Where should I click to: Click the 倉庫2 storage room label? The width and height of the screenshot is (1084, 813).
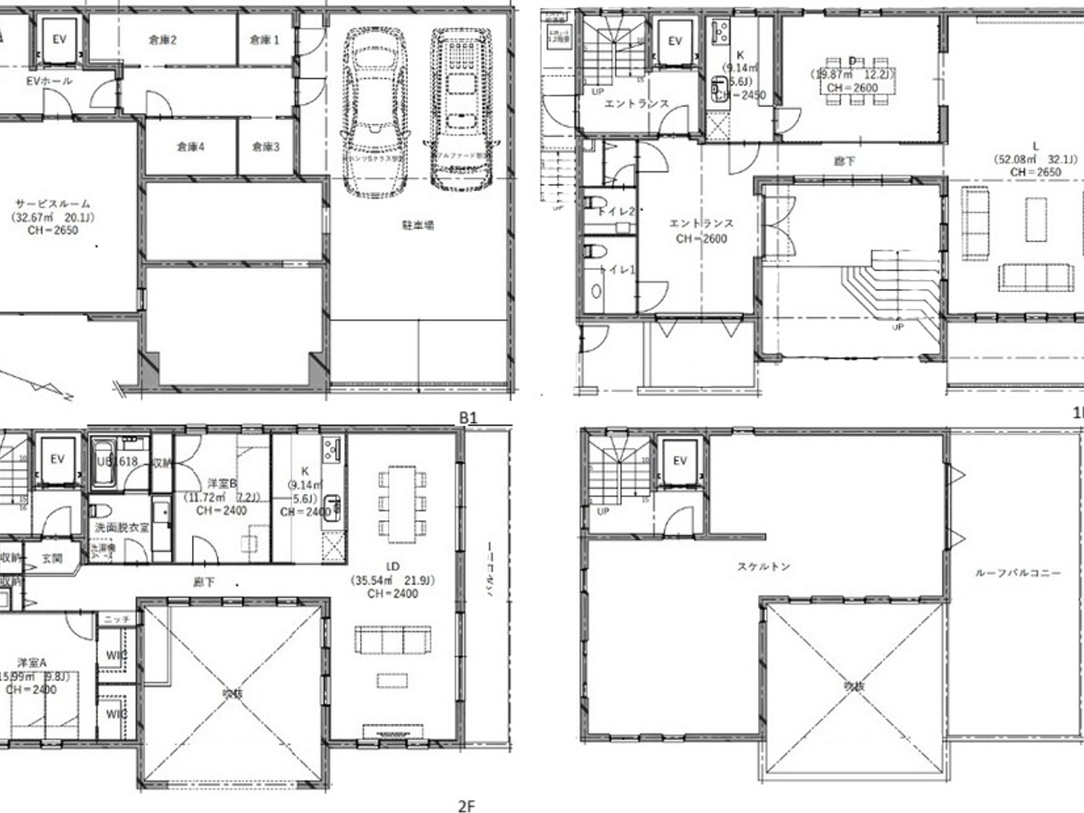pyautogui.click(x=163, y=39)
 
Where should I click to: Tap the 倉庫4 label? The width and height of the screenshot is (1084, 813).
pyautogui.click(x=190, y=146)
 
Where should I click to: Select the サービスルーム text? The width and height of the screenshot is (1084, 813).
pyautogui.click(x=53, y=204)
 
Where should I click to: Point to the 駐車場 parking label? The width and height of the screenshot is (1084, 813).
pyautogui.click(x=417, y=225)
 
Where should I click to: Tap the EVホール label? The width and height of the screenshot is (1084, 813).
pyautogui.click(x=50, y=81)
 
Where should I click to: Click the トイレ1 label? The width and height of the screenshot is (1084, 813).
pyautogui.click(x=618, y=269)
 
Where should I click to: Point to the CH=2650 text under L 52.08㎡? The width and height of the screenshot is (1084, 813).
pyautogui.click(x=1035, y=172)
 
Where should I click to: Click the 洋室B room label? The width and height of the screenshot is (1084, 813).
pyautogui.click(x=221, y=483)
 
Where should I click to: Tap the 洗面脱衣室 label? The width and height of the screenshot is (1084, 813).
pyautogui.click(x=122, y=527)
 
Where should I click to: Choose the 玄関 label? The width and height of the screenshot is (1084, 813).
pyautogui.click(x=52, y=557)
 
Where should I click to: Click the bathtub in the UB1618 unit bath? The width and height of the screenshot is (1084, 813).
pyautogui.click(x=104, y=461)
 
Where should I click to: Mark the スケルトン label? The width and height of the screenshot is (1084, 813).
pyautogui.click(x=763, y=567)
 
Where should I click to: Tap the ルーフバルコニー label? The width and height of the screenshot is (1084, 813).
pyautogui.click(x=1017, y=573)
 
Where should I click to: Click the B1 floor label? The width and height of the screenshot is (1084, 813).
pyautogui.click(x=468, y=417)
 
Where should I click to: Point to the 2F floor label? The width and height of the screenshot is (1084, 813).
pyautogui.click(x=466, y=806)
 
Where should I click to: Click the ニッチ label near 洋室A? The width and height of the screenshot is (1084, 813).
pyautogui.click(x=117, y=619)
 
